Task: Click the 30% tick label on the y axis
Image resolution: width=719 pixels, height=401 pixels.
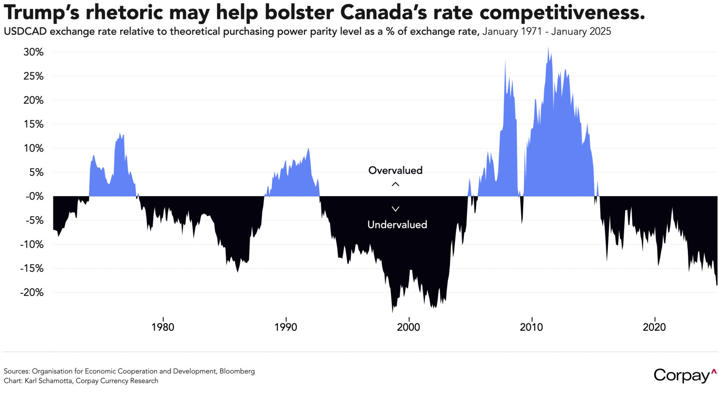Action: coord(33,52)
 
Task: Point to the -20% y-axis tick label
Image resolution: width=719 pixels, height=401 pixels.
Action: coord(32,292)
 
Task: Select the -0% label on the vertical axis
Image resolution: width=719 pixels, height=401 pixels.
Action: coord(34,196)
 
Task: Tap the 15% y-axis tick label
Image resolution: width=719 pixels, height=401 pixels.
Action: coord(33,124)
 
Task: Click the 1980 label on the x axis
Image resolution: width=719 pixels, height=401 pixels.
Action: coord(163,327)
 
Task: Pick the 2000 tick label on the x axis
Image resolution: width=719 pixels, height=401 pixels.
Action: coord(408,327)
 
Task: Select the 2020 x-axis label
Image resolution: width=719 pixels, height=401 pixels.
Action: coord(654,327)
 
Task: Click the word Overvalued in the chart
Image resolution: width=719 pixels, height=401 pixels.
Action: coord(395,170)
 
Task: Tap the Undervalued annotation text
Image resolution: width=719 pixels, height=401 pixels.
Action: coord(397,225)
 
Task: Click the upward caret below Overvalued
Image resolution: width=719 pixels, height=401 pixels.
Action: coord(396,184)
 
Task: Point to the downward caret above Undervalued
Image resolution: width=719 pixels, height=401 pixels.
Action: coord(396,209)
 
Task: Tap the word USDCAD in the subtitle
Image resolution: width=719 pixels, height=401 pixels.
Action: coord(25,32)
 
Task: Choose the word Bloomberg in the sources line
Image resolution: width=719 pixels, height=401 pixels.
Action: coord(237,371)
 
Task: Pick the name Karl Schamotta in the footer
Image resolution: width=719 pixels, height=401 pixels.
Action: coord(48,381)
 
